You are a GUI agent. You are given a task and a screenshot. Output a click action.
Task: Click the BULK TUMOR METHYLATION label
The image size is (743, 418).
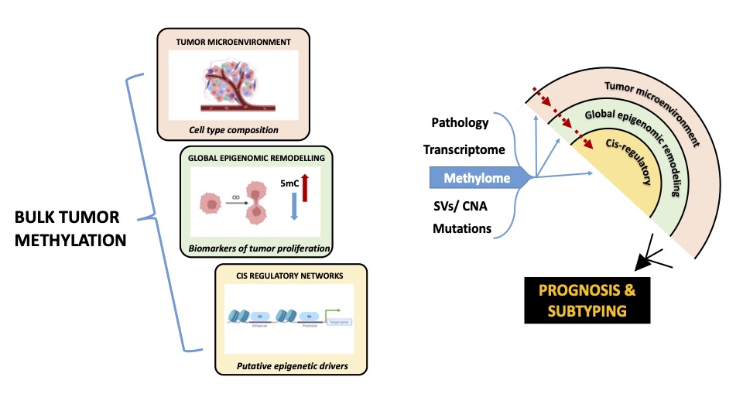[x=70, y=230]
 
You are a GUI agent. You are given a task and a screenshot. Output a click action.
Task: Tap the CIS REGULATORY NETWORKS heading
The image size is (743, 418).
[x=289, y=275]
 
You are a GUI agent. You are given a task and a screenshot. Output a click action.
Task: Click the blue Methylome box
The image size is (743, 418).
[x=477, y=179]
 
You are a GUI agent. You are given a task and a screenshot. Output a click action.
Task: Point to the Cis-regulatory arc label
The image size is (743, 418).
[x=621, y=159]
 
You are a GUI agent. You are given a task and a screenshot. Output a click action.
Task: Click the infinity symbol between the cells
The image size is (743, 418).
[x=232, y=198]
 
